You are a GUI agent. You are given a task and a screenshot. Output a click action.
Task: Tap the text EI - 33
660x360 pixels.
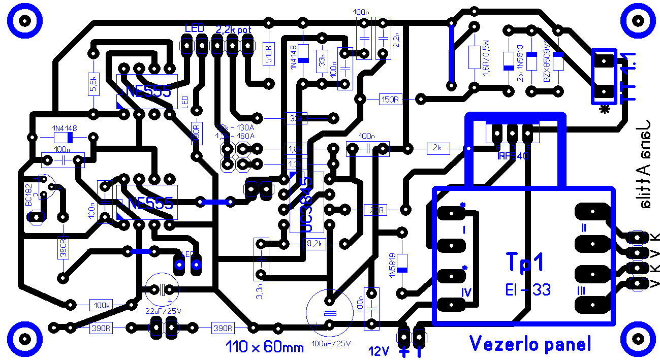point(527,290)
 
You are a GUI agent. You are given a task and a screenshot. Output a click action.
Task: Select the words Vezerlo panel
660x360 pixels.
point(530,344)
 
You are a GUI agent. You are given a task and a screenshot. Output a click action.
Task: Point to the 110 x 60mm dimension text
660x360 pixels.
point(264,347)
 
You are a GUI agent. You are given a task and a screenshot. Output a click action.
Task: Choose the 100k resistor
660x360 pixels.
point(101,306)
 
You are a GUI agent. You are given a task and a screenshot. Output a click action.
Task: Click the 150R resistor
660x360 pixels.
point(390,100)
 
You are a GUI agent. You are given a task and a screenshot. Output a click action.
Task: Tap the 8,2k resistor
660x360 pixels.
point(315,244)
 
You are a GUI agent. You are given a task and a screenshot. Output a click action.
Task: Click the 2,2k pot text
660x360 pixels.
point(233,29)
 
